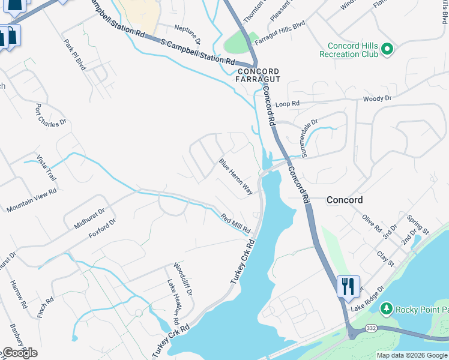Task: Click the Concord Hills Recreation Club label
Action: point(353,50)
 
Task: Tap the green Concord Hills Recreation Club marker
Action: point(387,49)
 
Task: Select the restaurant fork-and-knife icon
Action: point(348,287)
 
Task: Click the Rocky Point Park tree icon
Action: point(387,309)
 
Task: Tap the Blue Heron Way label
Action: point(235,177)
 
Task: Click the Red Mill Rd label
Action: point(235,224)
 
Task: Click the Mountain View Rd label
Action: point(31,200)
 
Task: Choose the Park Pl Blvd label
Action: point(75,55)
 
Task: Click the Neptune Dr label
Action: point(187,35)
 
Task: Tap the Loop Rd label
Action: point(287,104)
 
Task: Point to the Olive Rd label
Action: point(372,224)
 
